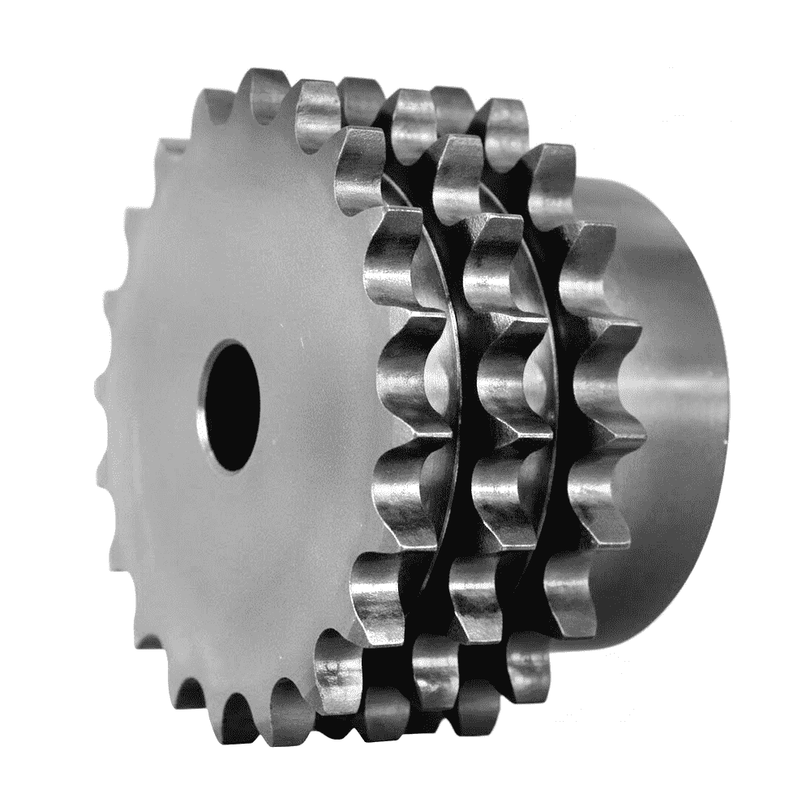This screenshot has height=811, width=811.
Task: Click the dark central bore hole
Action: pyautogui.click(x=234, y=405)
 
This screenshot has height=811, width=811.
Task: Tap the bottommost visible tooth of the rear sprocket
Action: pyautogui.click(x=527, y=665)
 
